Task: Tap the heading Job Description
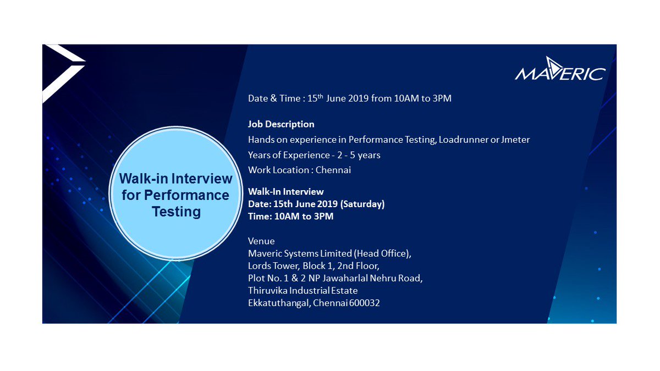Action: click(x=281, y=124)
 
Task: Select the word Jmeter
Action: click(x=515, y=140)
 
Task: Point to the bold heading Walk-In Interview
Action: click(x=285, y=192)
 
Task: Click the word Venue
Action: click(x=261, y=241)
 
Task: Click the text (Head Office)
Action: click(x=382, y=253)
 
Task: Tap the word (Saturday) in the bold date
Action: click(x=362, y=204)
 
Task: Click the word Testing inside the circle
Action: click(x=176, y=211)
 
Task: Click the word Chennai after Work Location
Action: click(x=333, y=170)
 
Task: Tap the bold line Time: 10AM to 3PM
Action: click(x=290, y=216)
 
